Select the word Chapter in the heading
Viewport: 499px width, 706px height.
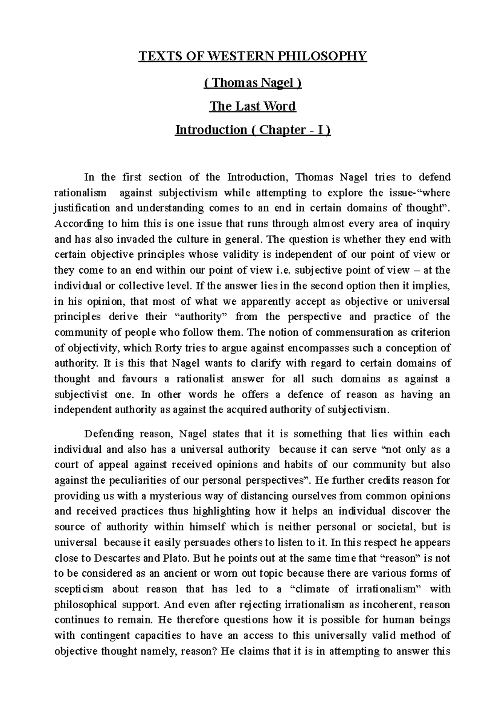282,130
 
